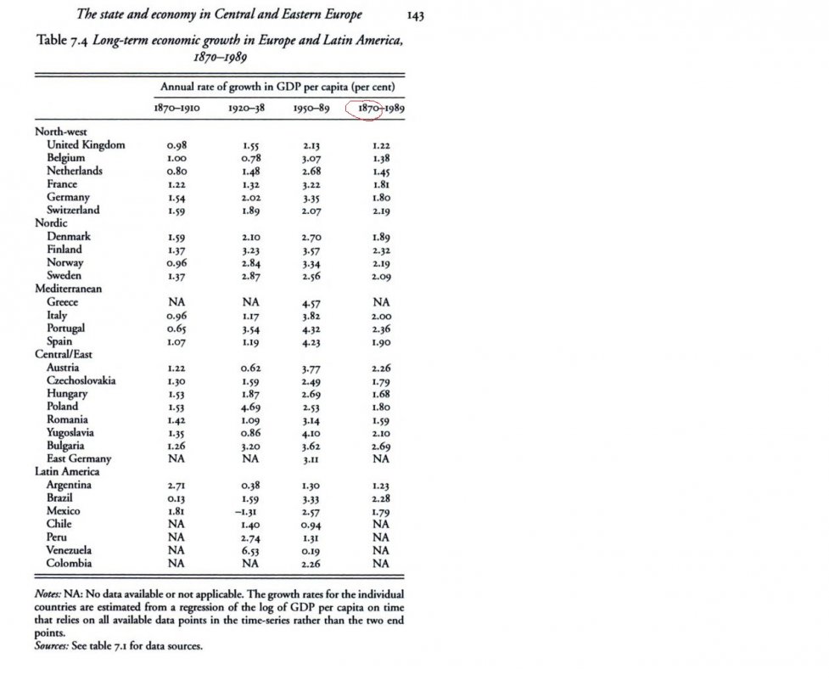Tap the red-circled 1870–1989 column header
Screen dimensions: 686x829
pyautogui.click(x=373, y=109)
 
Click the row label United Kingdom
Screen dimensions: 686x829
pyautogui.click(x=86, y=145)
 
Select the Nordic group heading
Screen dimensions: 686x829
pyautogui.click(x=51, y=223)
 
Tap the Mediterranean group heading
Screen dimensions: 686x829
pyautogui.click(x=68, y=289)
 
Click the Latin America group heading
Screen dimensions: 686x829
pyautogui.click(x=67, y=471)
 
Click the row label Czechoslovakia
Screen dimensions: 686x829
pyautogui.click(x=81, y=380)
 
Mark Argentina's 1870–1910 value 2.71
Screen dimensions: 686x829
pyautogui.click(x=176, y=485)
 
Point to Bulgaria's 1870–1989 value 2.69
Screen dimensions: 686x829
pyautogui.click(x=380, y=446)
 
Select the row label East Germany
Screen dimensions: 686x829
pyautogui.click(x=79, y=459)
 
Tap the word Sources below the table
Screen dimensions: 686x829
pyautogui.click(x=52, y=646)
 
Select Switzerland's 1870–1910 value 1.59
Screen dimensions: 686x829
pyautogui.click(x=176, y=211)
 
